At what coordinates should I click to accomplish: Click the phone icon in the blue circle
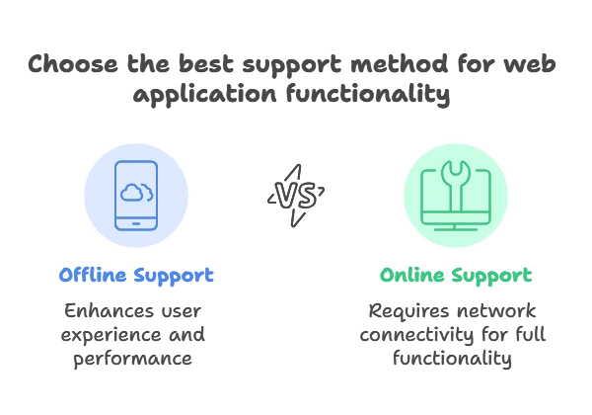pos(135,194)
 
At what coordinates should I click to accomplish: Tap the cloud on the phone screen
pos(135,190)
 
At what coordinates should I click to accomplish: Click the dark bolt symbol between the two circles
pos(296,194)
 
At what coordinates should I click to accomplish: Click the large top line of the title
pos(296,65)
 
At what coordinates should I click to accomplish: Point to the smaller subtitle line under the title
pos(296,96)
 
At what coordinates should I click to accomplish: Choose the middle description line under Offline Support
pos(135,338)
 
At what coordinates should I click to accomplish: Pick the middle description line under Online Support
pos(456,338)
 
